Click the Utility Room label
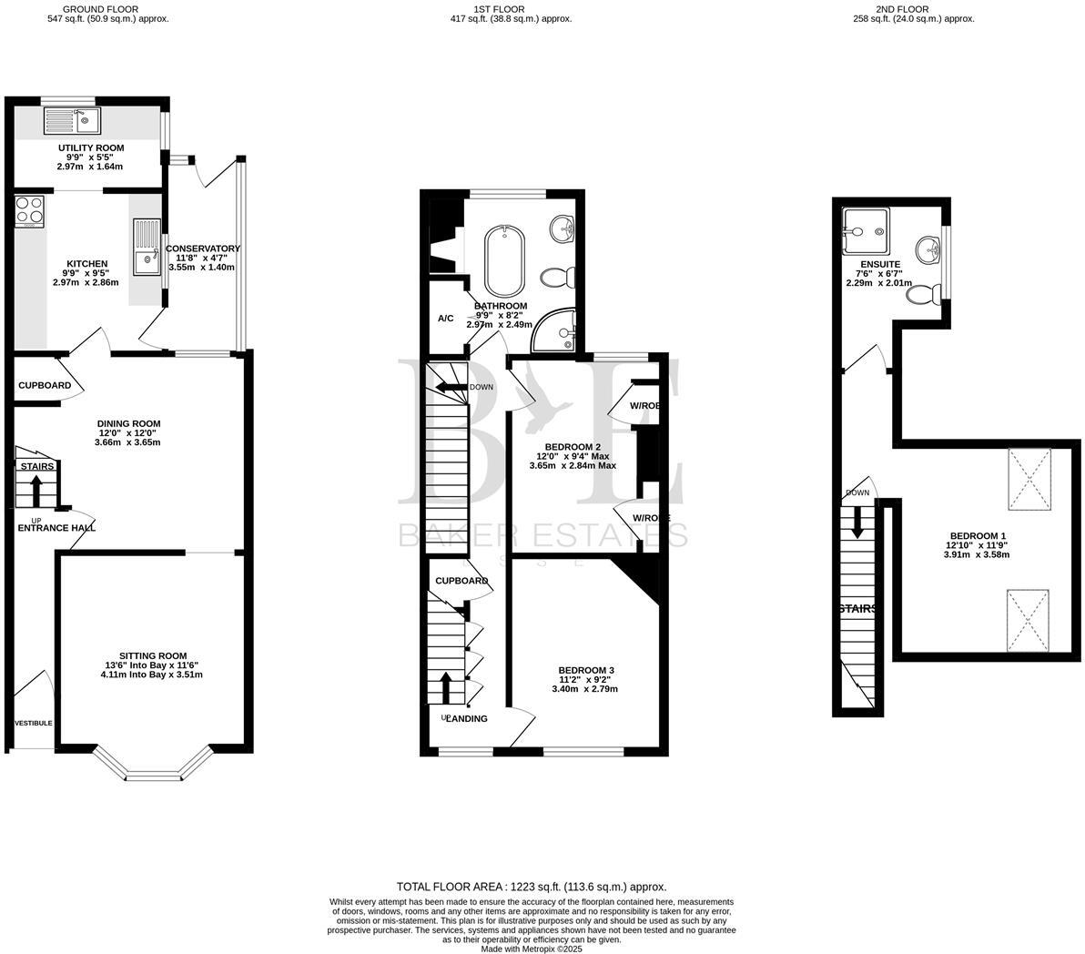click(x=90, y=148)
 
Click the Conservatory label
click(x=202, y=249)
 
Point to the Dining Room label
click(x=128, y=423)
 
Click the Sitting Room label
click(x=153, y=655)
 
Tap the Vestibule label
click(x=33, y=723)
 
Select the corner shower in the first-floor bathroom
click(x=556, y=330)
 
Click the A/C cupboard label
click(x=446, y=319)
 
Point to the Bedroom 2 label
click(x=573, y=446)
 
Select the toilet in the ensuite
click(x=923, y=294)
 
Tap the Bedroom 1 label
click(x=978, y=535)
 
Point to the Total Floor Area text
click(x=531, y=887)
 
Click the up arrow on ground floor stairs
click(x=36, y=492)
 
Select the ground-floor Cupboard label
click(x=45, y=385)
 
